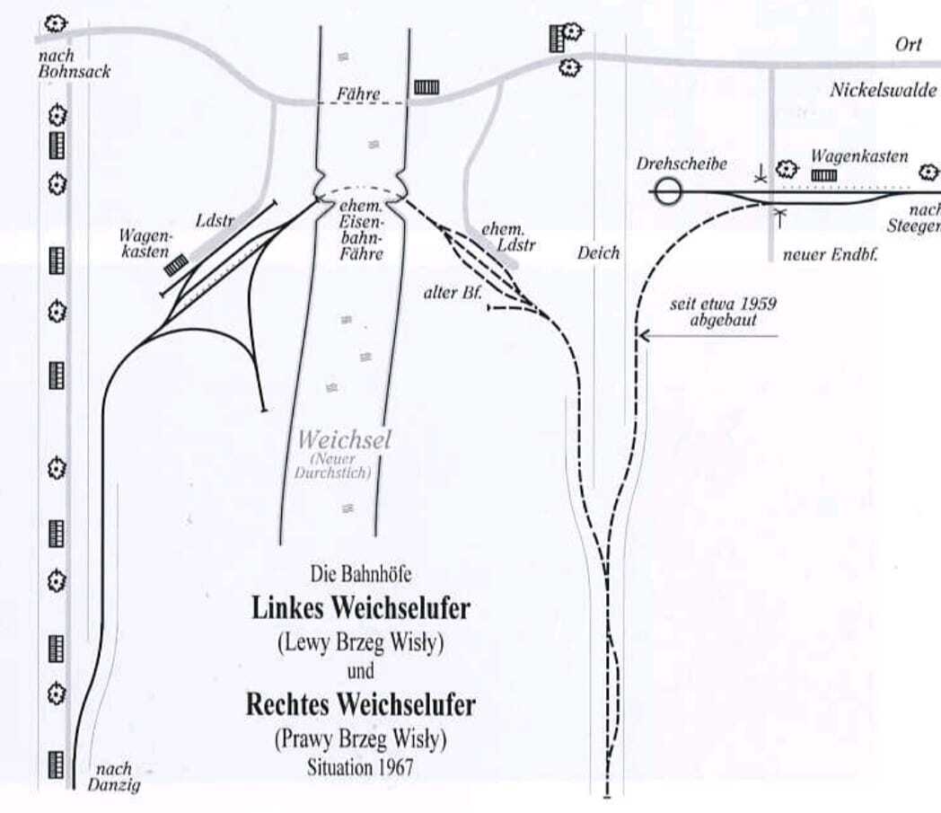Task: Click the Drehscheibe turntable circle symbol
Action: click(x=667, y=191)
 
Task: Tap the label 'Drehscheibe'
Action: click(x=682, y=165)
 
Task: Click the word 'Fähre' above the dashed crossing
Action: click(x=359, y=93)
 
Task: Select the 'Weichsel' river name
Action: click(x=345, y=440)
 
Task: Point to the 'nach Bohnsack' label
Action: click(x=74, y=64)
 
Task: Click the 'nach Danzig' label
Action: click(x=114, y=776)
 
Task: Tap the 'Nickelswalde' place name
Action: click(x=883, y=90)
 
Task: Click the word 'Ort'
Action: click(x=908, y=45)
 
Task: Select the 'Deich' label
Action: click(x=598, y=253)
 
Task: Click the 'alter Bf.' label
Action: click(x=453, y=292)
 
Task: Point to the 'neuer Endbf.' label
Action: click(x=830, y=254)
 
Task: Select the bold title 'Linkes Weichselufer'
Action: click(x=360, y=608)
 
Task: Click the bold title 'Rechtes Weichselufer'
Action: click(x=360, y=705)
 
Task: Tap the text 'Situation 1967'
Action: click(x=360, y=768)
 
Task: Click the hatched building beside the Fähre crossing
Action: click(x=427, y=87)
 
